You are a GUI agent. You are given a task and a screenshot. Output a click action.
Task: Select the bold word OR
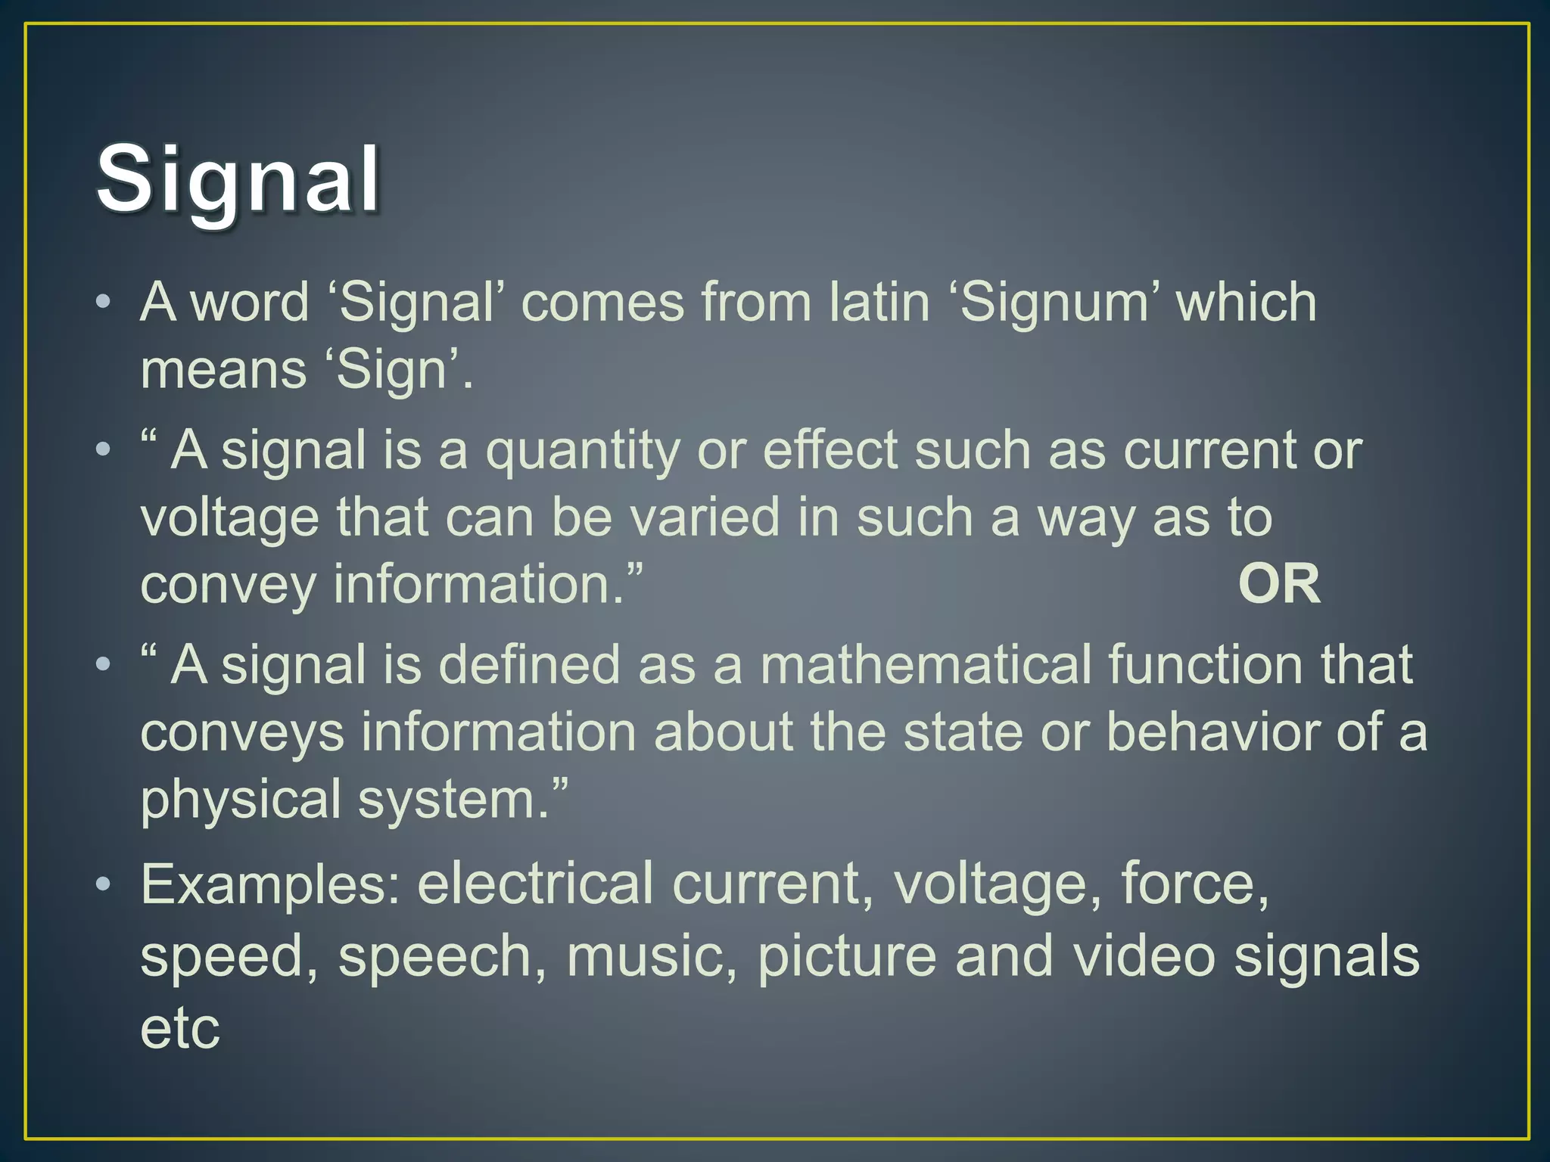[x=1279, y=585]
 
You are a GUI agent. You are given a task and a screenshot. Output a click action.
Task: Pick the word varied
[x=705, y=518]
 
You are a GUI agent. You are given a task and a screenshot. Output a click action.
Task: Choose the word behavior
[x=1211, y=732]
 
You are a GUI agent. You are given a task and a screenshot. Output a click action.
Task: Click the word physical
[x=241, y=800]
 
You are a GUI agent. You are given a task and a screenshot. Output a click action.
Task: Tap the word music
[x=651, y=956]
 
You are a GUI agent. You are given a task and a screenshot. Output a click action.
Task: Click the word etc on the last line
[x=180, y=1029]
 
